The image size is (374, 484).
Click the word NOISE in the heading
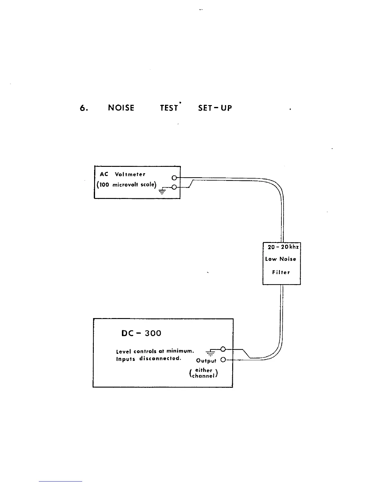(x=121, y=108)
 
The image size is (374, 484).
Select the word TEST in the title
(x=169, y=108)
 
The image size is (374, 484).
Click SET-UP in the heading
(x=215, y=108)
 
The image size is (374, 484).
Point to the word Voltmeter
(x=130, y=174)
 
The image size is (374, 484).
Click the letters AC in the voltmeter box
(x=104, y=174)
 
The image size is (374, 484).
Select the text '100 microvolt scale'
(x=127, y=185)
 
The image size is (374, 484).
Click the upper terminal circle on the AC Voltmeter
(x=174, y=178)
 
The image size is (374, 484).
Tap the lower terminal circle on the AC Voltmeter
(x=174, y=187)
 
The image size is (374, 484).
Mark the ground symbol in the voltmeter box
(x=162, y=191)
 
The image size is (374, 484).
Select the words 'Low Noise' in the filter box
(x=280, y=259)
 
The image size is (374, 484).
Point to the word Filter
(x=281, y=272)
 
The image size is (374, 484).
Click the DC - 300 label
(x=141, y=333)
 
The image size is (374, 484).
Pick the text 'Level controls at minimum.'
(x=155, y=351)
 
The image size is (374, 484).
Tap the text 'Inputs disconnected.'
(x=148, y=358)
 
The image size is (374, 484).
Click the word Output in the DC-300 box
(x=206, y=361)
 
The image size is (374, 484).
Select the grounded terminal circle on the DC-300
(x=223, y=349)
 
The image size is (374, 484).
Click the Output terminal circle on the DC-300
(x=223, y=360)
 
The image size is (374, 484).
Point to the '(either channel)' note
(x=204, y=373)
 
